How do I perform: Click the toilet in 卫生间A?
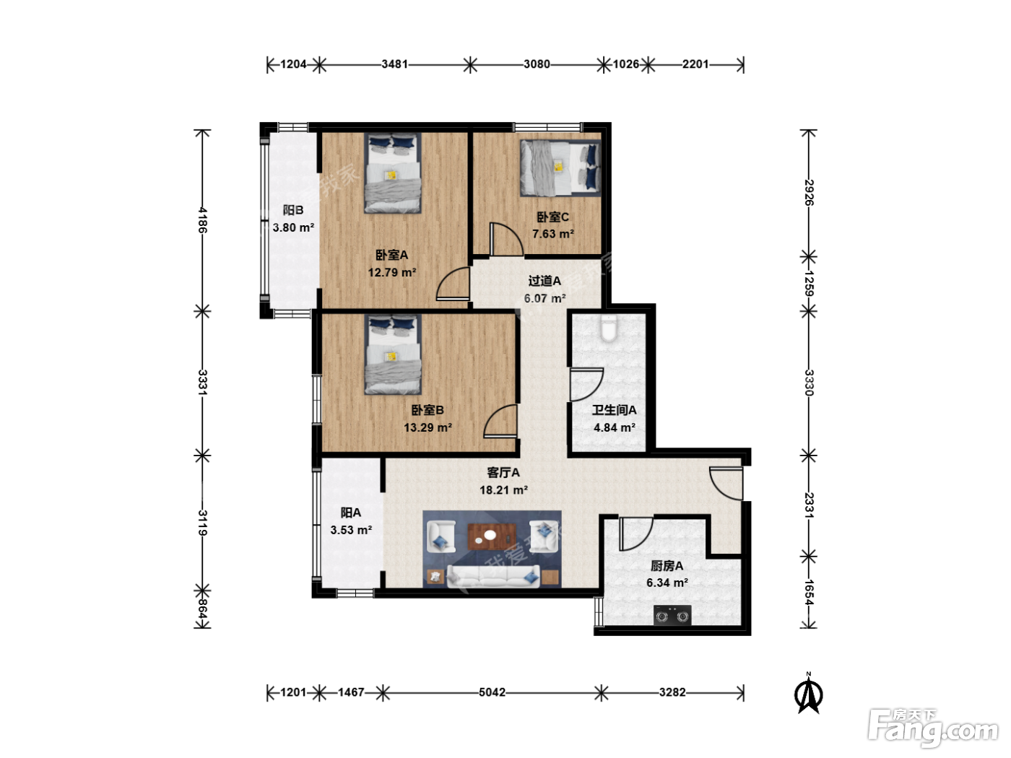609,328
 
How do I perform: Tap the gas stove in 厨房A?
672,615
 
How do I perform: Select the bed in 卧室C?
560,168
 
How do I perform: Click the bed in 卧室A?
392,173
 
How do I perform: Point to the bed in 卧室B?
392,354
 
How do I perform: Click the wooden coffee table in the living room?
492,536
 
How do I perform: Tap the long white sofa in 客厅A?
493,576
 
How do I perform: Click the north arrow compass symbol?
808,693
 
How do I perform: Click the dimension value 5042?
492,692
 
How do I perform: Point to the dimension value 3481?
395,64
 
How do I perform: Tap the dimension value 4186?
203,220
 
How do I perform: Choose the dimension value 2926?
809,192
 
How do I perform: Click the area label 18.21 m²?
503,490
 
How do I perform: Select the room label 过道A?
544,281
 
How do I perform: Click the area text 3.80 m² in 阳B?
293,228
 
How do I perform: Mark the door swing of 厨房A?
635,534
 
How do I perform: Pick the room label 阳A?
350,513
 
